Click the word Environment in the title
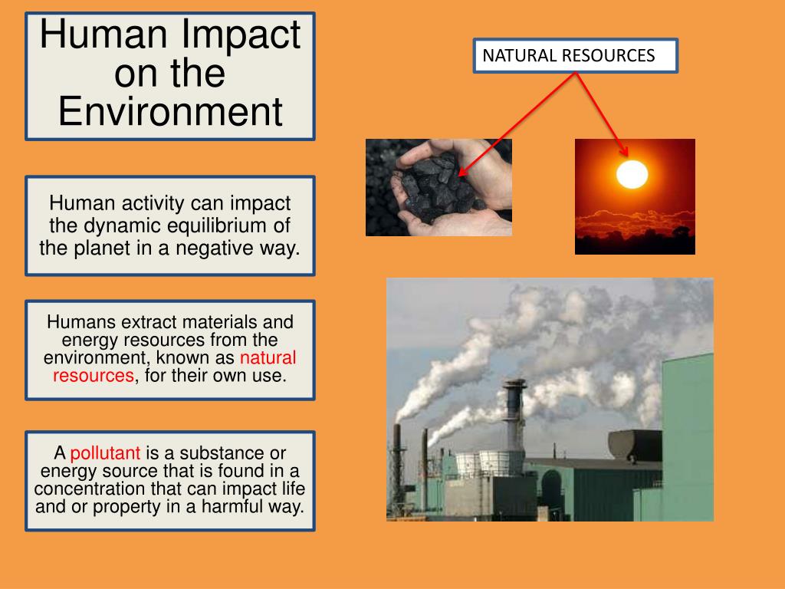click(x=170, y=111)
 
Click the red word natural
click(x=268, y=357)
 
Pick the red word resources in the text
click(x=94, y=376)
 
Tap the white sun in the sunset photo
click(x=632, y=173)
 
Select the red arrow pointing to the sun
click(x=602, y=111)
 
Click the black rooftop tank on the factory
click(x=635, y=445)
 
